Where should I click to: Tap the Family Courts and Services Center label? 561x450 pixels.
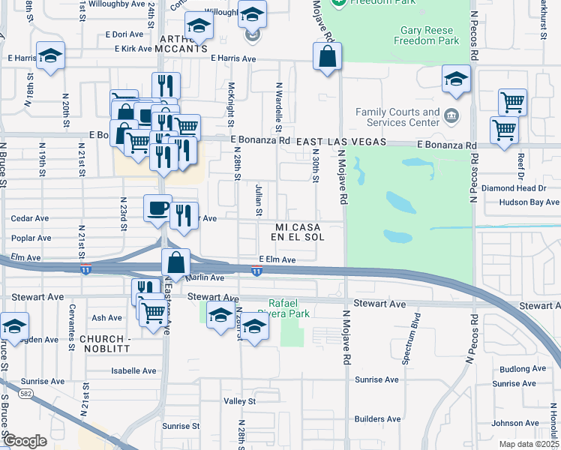[x=397, y=117]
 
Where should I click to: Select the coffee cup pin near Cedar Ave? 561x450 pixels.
[x=157, y=209]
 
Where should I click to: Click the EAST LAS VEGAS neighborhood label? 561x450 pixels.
[x=340, y=142]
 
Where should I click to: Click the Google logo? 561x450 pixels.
[x=25, y=441]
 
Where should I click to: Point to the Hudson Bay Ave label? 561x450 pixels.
[x=529, y=202]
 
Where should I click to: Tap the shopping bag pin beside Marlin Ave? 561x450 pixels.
[x=175, y=264]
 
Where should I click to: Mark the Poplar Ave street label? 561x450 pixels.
[x=31, y=238]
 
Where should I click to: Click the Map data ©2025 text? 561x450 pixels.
[x=529, y=444]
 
